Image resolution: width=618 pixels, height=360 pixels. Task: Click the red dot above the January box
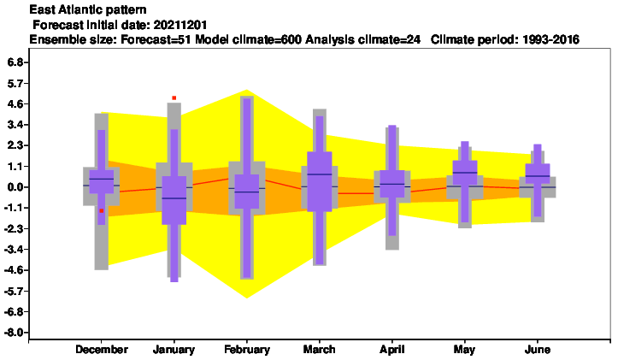click(174, 97)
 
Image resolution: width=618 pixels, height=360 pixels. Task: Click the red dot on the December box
click(102, 211)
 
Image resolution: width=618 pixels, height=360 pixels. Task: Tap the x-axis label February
click(247, 350)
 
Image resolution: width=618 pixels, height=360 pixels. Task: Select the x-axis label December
click(102, 350)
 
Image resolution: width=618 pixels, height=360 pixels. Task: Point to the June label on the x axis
click(538, 350)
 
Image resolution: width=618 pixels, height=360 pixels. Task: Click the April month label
click(392, 350)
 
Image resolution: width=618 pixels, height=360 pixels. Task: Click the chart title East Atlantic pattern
click(88, 9)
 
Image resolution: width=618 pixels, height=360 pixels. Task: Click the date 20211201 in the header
click(180, 25)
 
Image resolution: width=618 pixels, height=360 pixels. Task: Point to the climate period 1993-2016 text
click(550, 39)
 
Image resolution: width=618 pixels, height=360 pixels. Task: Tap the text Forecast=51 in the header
click(156, 39)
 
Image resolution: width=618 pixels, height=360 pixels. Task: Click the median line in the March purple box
click(319, 174)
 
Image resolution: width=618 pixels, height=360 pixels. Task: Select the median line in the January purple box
click(174, 198)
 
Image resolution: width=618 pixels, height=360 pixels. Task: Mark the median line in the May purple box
click(465, 173)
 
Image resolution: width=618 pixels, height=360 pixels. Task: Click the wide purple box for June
click(538, 174)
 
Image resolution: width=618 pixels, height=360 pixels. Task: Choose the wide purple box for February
click(247, 192)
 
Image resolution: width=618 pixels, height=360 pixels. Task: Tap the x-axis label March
click(319, 350)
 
